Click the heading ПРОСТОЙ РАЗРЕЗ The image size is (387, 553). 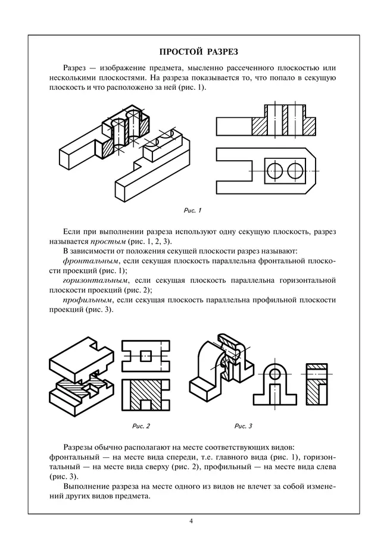click(193, 51)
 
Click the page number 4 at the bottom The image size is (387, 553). click(191, 521)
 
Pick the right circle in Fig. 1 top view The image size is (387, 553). click(295, 170)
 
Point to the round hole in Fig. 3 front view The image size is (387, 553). click(274, 374)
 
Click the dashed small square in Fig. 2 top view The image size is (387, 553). click(145, 355)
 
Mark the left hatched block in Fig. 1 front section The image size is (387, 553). click(260, 126)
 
